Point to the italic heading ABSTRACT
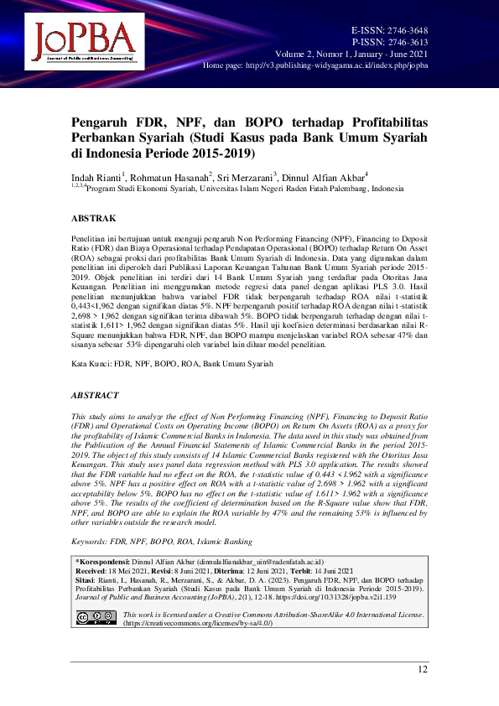click(95, 395)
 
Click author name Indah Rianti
click(96, 178)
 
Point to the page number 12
click(422, 668)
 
